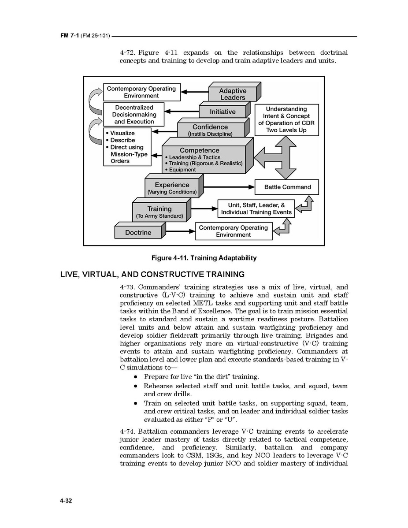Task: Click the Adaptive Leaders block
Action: (233, 94)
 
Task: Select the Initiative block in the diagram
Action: (223, 112)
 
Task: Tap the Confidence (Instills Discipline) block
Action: (210, 130)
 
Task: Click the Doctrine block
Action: (138, 232)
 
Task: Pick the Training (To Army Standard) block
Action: (159, 212)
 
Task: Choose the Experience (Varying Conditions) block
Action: (172, 188)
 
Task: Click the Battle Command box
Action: (287, 187)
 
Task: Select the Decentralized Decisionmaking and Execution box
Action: (134, 115)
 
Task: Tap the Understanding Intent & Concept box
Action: (286, 119)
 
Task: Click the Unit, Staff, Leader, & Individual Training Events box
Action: (256, 208)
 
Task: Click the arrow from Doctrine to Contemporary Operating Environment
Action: (181, 231)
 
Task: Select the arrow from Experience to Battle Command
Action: (229, 187)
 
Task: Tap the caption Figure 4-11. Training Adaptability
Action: (204, 258)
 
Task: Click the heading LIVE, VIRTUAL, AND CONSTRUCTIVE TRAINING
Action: (152, 275)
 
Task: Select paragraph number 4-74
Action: (128, 431)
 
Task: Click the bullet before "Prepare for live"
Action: (136, 377)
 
